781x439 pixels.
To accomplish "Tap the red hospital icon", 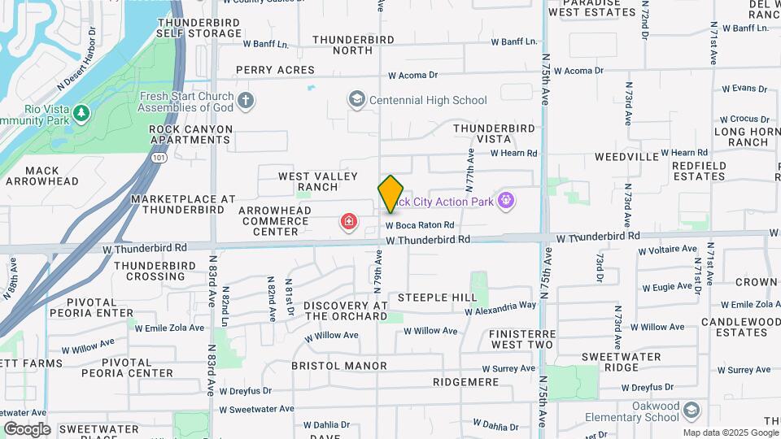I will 349,221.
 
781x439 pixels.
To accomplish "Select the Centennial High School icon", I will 356,100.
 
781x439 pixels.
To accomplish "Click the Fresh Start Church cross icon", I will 246,101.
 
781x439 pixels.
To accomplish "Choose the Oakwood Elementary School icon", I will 692,407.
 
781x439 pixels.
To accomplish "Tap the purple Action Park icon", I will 505,200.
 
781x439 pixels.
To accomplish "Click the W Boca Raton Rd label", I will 419,225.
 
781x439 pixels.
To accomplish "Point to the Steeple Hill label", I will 437,298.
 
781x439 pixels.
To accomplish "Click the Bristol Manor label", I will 339,366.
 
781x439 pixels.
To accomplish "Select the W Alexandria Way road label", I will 500,308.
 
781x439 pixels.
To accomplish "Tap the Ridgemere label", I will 465,381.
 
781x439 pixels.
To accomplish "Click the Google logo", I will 27,428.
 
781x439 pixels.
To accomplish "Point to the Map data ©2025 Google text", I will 731,432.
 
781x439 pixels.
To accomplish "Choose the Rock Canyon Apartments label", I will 190,134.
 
